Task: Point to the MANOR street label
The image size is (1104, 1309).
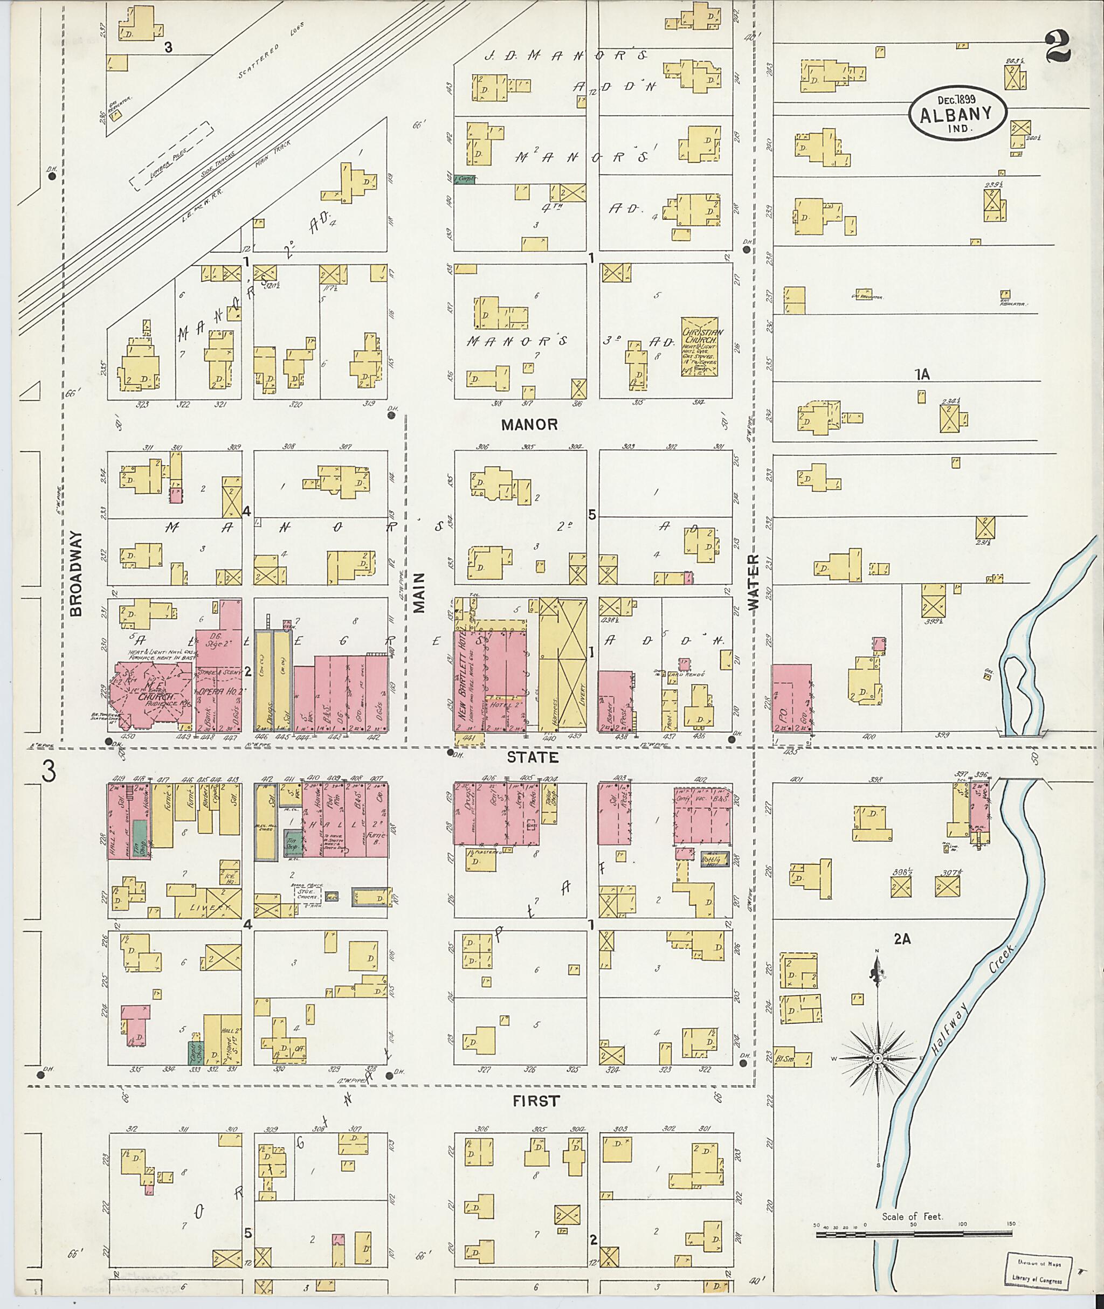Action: click(x=529, y=425)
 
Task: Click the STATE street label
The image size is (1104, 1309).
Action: click(x=532, y=758)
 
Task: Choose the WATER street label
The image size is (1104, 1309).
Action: click(x=753, y=581)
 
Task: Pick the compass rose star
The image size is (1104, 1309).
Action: click(x=878, y=1057)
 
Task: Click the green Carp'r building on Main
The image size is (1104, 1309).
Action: click(x=464, y=179)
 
